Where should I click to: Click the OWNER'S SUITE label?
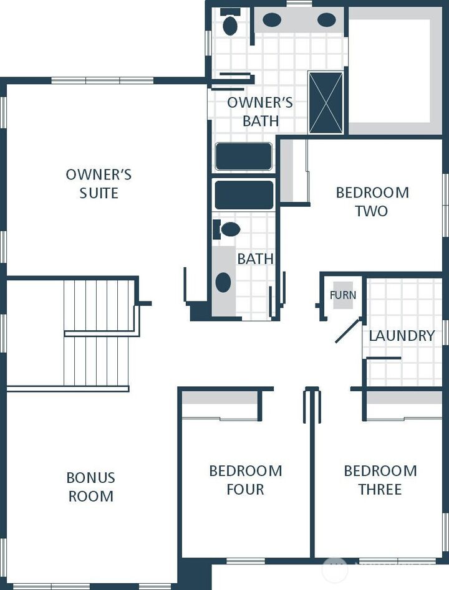(99, 184)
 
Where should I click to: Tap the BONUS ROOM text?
(91, 487)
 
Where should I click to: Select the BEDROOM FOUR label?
(245, 480)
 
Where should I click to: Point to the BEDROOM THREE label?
(380, 480)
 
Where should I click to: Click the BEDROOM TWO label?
(372, 202)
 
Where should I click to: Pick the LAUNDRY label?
(402, 336)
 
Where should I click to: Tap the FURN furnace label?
(342, 295)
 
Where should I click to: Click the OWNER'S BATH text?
(260, 112)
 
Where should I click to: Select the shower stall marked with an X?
(326, 102)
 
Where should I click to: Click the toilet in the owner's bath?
(230, 24)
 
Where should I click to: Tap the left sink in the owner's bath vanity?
(271, 20)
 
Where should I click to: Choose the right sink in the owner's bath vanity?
(326, 20)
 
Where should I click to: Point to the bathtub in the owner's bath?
(244, 156)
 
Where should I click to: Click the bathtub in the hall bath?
(244, 195)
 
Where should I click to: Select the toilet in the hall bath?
(228, 229)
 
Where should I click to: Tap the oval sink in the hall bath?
(223, 282)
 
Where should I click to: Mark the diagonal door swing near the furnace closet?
(348, 331)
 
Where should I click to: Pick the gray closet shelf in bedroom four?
(220, 397)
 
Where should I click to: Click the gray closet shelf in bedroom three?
(403, 397)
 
